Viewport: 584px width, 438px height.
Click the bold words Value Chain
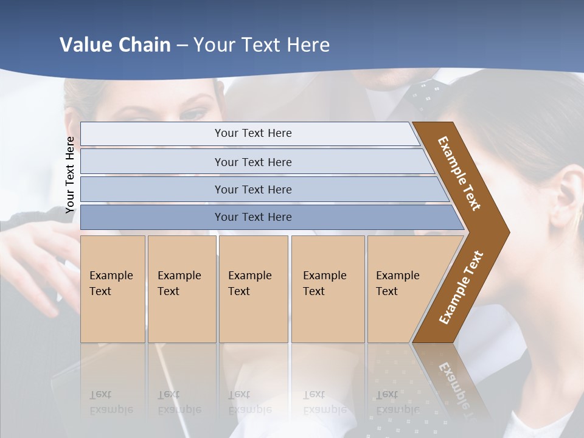tap(115, 45)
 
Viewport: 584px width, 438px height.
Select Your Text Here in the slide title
tap(262, 45)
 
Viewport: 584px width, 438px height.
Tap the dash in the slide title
tap(182, 46)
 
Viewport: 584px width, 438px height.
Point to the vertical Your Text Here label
tap(70, 175)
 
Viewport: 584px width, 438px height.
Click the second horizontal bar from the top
tap(253, 162)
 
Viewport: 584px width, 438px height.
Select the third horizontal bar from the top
tap(253, 189)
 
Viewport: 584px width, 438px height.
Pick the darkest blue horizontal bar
tap(253, 217)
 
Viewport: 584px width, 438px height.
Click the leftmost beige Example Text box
tap(113, 289)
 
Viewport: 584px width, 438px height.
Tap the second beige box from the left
tap(182, 289)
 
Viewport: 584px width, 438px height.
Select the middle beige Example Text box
tap(253, 289)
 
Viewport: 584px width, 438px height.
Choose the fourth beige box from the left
tap(328, 289)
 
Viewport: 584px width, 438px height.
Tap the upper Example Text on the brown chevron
tap(459, 173)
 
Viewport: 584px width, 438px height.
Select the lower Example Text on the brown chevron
tap(461, 288)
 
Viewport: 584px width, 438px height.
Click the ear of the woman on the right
tap(563, 195)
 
